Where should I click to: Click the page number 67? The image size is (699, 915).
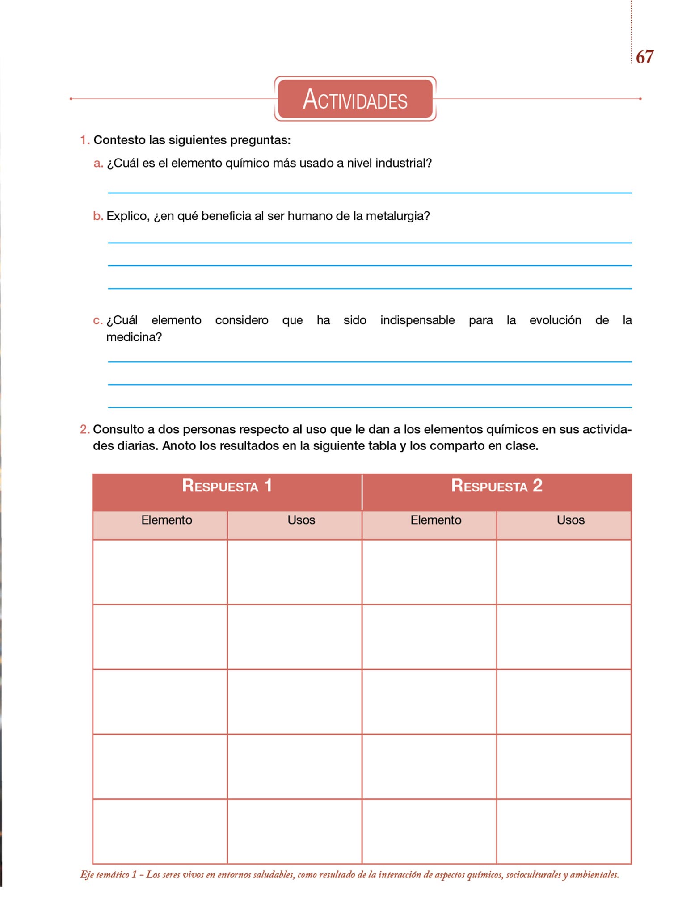pyautogui.click(x=644, y=57)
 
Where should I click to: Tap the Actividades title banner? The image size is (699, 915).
pyautogui.click(x=355, y=99)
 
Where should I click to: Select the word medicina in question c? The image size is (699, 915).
pyautogui.click(x=134, y=337)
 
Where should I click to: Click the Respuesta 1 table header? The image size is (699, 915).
pyautogui.click(x=227, y=486)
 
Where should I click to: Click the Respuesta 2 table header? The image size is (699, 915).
pyautogui.click(x=497, y=486)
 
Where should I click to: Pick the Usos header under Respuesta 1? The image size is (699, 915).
pyautogui.click(x=301, y=520)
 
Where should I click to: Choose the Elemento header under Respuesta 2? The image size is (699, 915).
pyautogui.click(x=436, y=520)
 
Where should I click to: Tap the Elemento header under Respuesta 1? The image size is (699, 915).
pyautogui.click(x=167, y=520)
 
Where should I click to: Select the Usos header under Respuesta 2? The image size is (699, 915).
pyautogui.click(x=570, y=520)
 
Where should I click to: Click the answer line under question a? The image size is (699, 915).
pyautogui.click(x=370, y=193)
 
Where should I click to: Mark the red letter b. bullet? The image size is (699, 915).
pyautogui.click(x=98, y=217)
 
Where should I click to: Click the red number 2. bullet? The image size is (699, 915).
pyautogui.click(x=84, y=430)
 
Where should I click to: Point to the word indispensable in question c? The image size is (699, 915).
pyautogui.click(x=417, y=320)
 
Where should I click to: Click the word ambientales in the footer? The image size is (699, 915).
pyautogui.click(x=594, y=875)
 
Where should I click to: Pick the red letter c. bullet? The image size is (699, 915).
pyautogui.click(x=98, y=321)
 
